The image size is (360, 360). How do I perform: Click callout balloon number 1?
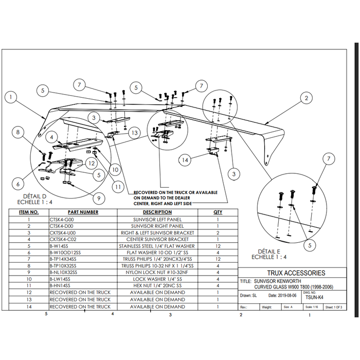coord(12,96)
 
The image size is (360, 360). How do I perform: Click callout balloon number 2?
coord(306,97)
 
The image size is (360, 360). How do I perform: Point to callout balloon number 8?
coord(19,133)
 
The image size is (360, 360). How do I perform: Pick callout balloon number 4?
coord(52,137)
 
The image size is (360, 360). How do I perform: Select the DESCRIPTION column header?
coord(157,212)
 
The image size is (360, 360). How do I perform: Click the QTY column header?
coord(218,212)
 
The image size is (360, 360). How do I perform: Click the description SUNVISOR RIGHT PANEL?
coord(157,226)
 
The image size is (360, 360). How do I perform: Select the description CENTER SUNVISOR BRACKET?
coord(157,239)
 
